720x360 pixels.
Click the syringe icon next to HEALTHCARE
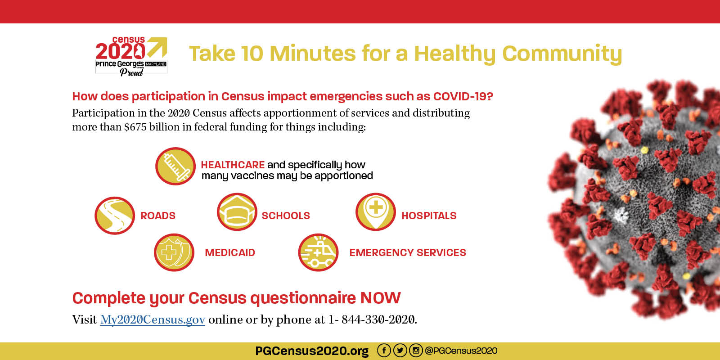coord(175,166)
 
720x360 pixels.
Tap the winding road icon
coord(115,216)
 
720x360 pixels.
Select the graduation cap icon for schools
coord(237,212)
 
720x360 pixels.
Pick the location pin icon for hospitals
coord(375,212)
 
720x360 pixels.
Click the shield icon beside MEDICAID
coord(174,252)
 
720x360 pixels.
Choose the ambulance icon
coord(318,252)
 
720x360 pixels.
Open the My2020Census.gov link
coord(153,319)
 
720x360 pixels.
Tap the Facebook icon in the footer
coord(384,351)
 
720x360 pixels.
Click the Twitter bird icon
coord(400,351)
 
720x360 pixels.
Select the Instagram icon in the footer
coord(416,351)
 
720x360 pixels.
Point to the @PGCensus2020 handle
coord(461,351)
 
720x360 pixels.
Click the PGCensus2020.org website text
coord(312,351)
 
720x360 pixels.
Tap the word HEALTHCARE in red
coord(233,165)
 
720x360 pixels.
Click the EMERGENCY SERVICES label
coord(408,252)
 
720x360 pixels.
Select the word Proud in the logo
coord(131,72)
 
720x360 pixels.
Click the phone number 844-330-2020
coord(378,319)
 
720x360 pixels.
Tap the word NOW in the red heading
coord(380,297)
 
